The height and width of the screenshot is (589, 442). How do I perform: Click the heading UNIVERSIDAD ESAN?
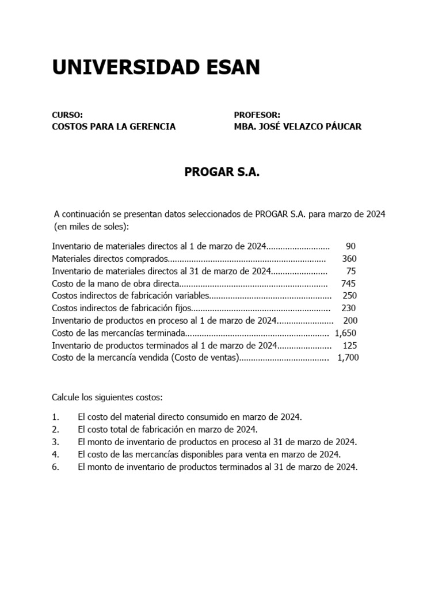pos(156,68)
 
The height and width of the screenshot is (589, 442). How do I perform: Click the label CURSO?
pos(67,114)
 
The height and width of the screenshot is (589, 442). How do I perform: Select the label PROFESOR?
pos(257,114)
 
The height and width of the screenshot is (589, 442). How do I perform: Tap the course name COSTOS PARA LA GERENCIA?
pos(114,127)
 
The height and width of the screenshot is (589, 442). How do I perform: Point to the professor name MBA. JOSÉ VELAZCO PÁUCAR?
pos(298,127)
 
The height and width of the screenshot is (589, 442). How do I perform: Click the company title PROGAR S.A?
pos(222,171)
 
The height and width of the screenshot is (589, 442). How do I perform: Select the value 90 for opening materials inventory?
pos(350,246)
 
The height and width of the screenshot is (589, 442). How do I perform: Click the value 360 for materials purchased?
pos(349,259)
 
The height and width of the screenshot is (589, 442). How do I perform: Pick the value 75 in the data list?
pos(351,271)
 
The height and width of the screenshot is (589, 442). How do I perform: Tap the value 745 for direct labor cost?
pos(348,284)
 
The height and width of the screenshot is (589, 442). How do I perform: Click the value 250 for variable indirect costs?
pos(349,296)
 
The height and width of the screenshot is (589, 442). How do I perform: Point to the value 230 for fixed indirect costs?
pos(349,308)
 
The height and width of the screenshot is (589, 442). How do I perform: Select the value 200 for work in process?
pos(350,320)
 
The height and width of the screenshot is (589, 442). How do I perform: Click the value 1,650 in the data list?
pos(345,333)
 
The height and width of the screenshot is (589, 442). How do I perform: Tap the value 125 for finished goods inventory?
pos(349,345)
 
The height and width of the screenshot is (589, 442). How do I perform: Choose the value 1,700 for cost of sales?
pos(348,358)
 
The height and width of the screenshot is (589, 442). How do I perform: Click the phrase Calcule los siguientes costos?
pos(107,397)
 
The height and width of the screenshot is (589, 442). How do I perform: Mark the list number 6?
pos(55,468)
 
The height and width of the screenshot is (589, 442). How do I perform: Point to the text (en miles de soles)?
pos(92,226)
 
